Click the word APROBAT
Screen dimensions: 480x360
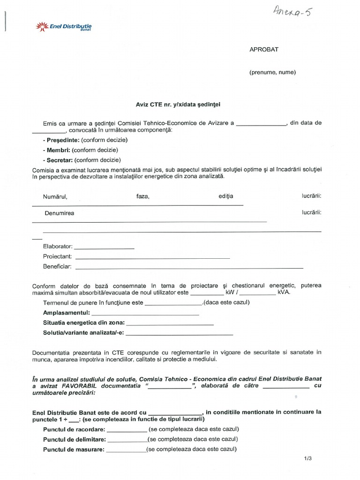(x=264, y=50)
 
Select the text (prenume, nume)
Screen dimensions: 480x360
(x=272, y=72)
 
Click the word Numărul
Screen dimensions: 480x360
(x=55, y=196)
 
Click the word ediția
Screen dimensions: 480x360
(x=225, y=196)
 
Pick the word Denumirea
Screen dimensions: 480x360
(x=59, y=213)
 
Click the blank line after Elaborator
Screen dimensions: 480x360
(x=104, y=247)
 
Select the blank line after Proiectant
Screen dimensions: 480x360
(x=152, y=258)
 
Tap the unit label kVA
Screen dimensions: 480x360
(x=284, y=292)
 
